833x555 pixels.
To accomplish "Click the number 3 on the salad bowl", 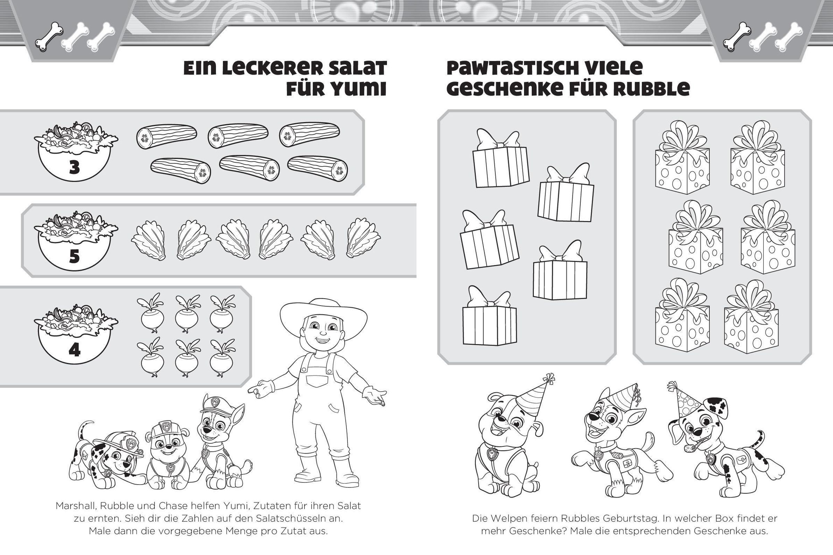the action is pos(74,168).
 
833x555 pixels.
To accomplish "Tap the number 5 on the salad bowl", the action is pos(74,257).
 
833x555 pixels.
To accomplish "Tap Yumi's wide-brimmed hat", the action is pos(323,316).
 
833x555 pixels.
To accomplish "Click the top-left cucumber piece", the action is pos(167,136).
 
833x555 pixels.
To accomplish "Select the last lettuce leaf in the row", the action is pos(363,240).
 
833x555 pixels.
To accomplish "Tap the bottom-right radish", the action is pos(221,357).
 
